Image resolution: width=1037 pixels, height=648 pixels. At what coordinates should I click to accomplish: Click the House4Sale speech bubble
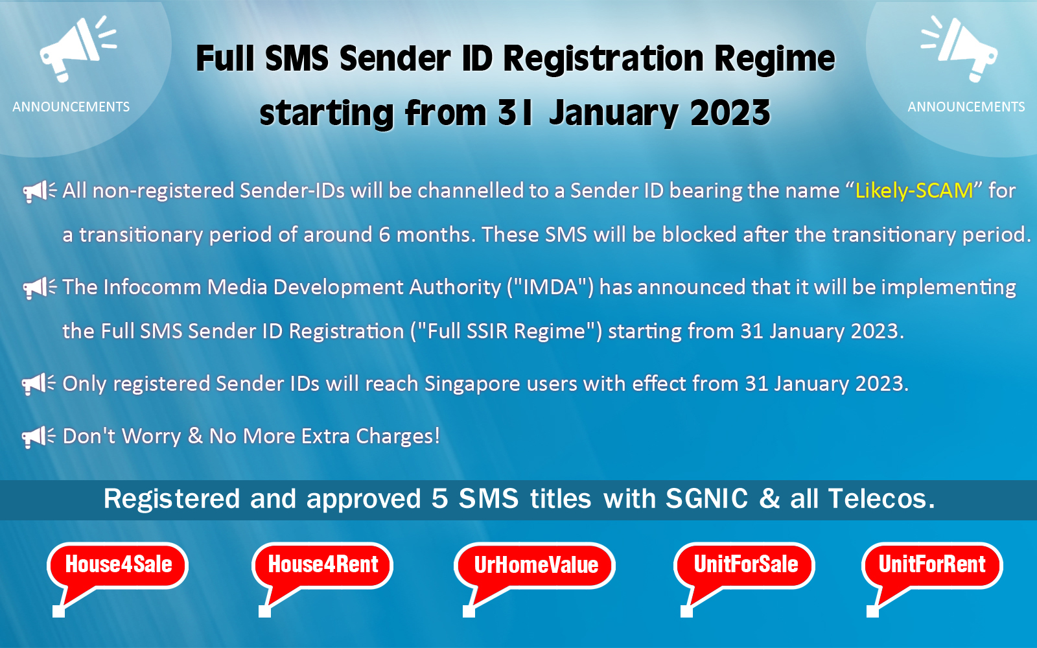(118, 565)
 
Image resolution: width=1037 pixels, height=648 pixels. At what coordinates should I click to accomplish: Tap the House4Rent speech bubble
(323, 565)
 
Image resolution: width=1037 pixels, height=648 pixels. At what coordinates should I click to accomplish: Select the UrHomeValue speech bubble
(535, 565)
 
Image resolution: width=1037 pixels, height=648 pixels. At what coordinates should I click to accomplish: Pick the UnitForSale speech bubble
(745, 565)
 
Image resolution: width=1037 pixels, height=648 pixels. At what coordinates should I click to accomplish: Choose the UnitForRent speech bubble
(932, 565)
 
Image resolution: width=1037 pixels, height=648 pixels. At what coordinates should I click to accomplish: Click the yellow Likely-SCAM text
(914, 191)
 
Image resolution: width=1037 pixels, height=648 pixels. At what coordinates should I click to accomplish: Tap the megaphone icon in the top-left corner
(76, 49)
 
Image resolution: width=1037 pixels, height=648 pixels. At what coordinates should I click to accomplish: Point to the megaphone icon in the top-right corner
(961, 49)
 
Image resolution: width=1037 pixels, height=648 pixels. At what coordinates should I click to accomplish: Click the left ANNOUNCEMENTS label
(71, 107)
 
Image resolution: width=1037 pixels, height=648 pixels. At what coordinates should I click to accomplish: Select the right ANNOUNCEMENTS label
(966, 107)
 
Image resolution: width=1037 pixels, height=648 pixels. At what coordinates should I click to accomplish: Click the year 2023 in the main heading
(730, 113)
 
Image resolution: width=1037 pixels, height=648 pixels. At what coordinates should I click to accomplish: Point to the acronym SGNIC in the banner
(706, 499)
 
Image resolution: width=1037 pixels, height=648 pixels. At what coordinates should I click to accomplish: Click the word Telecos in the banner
(881, 499)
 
